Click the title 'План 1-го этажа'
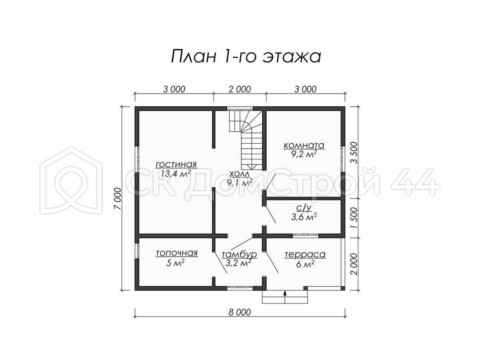point(246,57)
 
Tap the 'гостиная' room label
point(176,164)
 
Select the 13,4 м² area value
point(176,174)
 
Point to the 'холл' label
point(240,174)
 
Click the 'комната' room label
point(304,146)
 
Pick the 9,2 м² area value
point(304,154)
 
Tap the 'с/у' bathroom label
point(304,208)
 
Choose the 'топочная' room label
point(177,253)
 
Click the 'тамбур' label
point(239,254)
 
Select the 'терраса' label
point(305,254)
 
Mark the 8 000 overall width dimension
point(240,312)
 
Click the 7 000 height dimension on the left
point(118,199)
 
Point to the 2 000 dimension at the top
point(240,89)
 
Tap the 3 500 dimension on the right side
point(353,152)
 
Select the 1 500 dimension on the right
point(353,218)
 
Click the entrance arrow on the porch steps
point(285,297)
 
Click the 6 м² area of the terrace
point(305,264)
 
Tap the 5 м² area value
point(175,263)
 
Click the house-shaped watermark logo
point(71,180)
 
